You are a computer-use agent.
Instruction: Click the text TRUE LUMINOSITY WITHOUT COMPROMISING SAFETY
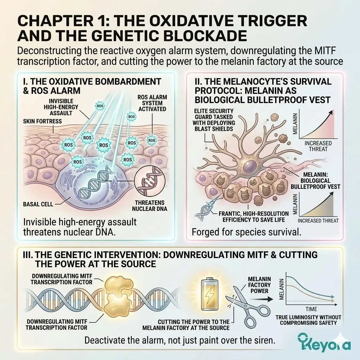(311, 320)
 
